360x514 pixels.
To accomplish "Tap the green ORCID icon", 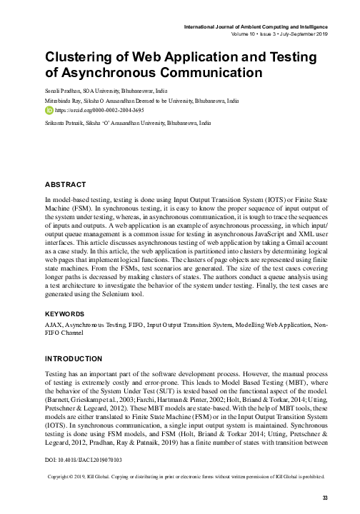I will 49,112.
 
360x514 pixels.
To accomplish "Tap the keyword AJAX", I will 53,323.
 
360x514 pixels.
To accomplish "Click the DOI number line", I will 84,460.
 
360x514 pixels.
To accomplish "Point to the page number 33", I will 325,497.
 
